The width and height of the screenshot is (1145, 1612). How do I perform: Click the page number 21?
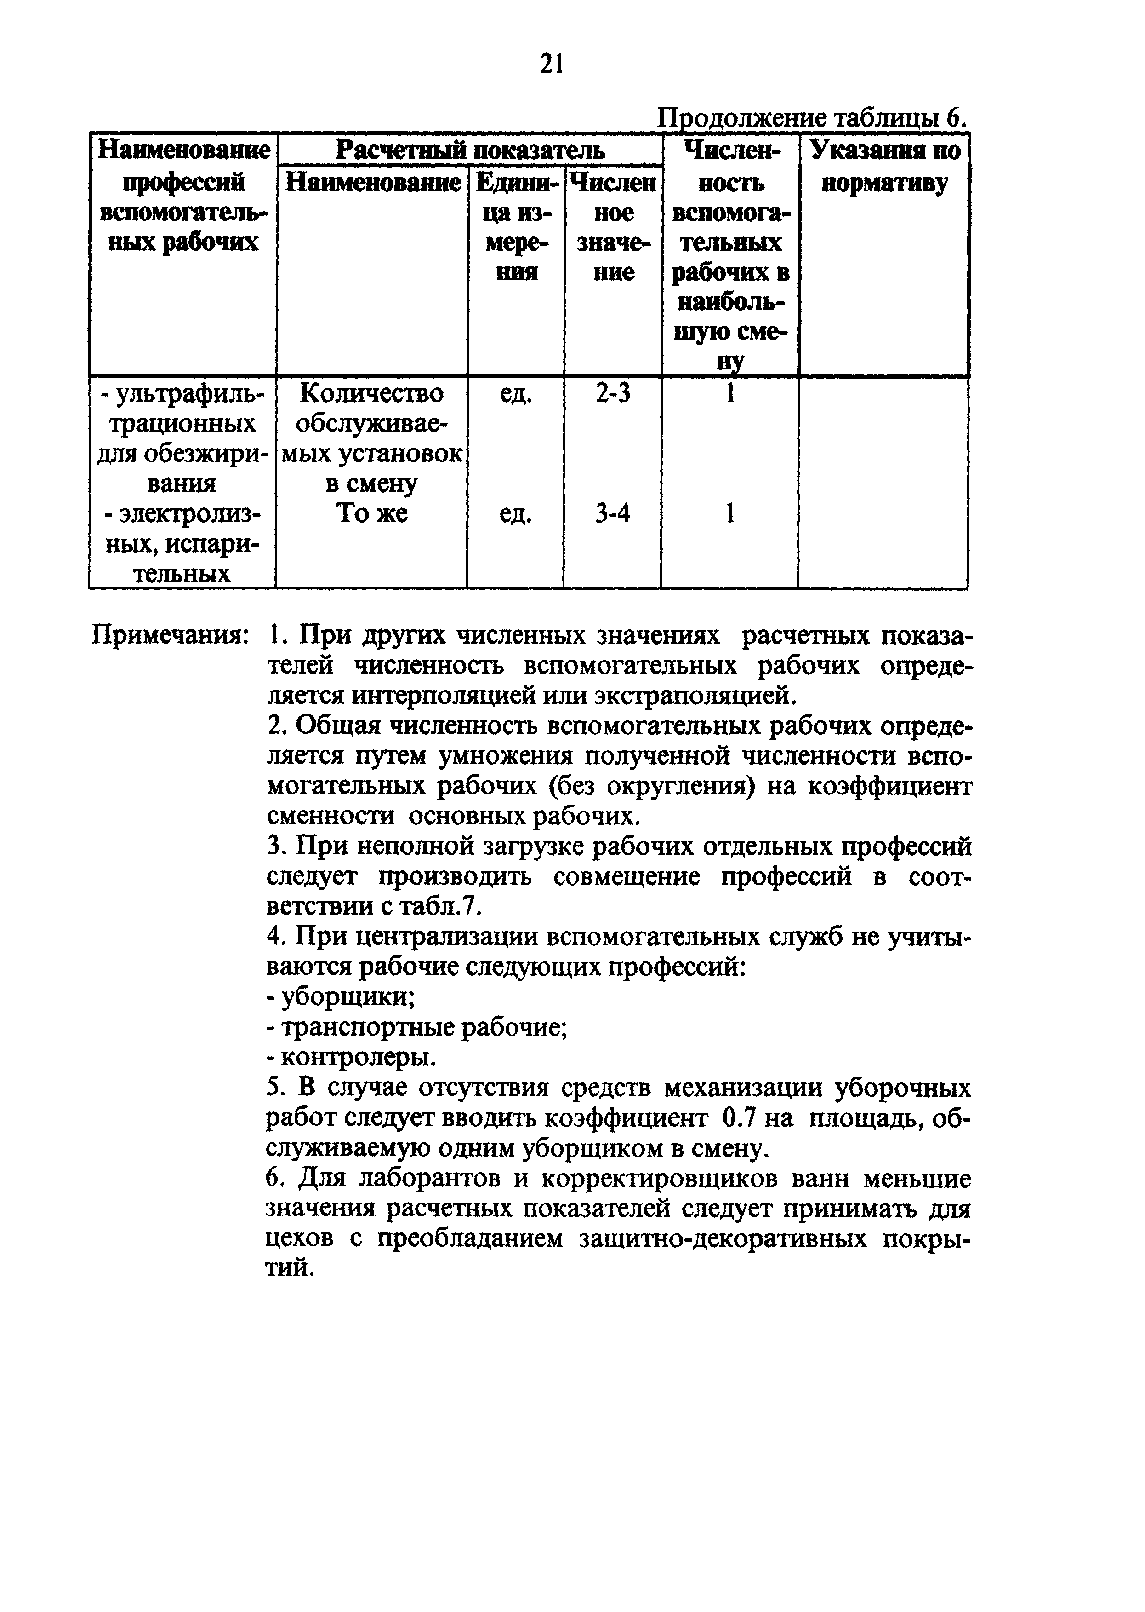click(551, 65)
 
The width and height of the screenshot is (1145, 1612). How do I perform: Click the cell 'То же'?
click(371, 513)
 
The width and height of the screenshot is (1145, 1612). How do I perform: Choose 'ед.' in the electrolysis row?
click(515, 515)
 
